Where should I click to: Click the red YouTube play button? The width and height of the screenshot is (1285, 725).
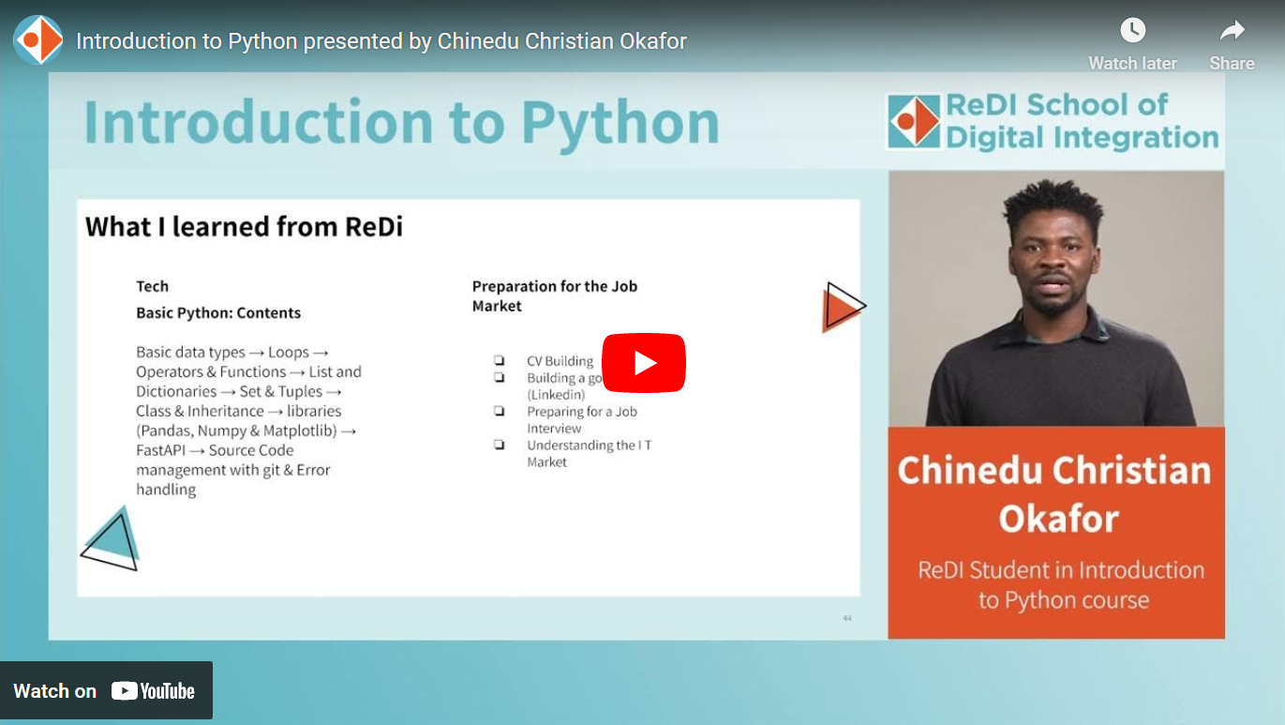pos(643,363)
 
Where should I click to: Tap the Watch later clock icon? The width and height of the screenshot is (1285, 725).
pos(1132,31)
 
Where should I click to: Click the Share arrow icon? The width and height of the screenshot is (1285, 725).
pos(1232,31)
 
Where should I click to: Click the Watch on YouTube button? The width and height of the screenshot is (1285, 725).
pos(106,691)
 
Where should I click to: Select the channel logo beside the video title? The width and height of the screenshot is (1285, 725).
pos(38,40)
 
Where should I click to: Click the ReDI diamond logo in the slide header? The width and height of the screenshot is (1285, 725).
pos(914,121)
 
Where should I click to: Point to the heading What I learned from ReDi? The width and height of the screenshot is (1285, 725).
pos(244,227)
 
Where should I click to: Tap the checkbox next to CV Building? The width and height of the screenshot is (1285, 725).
pos(500,361)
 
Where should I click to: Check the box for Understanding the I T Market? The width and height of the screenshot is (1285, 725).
pos(500,446)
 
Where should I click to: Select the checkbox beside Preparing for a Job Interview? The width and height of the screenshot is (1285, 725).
pos(500,412)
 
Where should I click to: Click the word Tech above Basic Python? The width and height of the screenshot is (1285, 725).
pos(152,286)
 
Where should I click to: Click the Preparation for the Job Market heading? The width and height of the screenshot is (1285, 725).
pos(554,295)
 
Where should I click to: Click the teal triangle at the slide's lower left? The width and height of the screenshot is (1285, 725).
pos(114,535)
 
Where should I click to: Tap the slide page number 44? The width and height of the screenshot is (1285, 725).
pos(847,618)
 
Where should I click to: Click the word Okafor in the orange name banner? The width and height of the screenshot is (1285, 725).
pos(1059,519)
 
